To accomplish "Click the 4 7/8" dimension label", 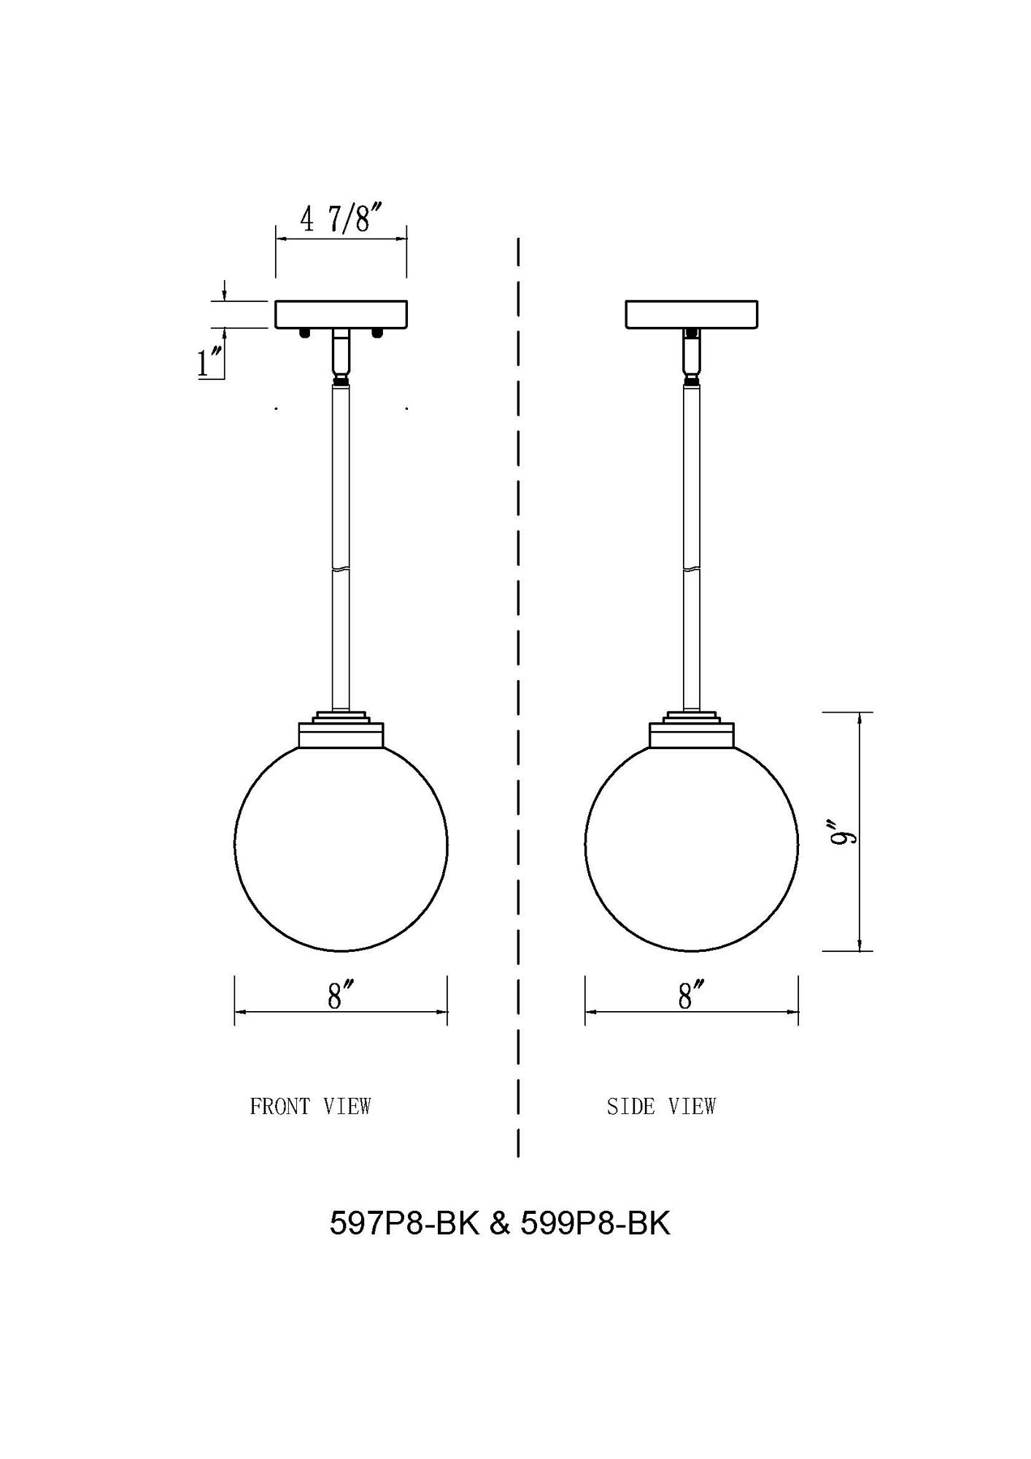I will (x=341, y=218).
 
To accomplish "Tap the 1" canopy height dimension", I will (x=210, y=363).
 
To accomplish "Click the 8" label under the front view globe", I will (x=340, y=996).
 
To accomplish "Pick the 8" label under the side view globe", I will (x=690, y=996).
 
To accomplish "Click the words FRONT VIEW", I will (x=310, y=1107).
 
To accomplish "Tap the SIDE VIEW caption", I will (x=661, y=1107).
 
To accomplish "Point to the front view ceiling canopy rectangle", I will (x=341, y=314).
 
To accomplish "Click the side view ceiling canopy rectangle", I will (x=691, y=314).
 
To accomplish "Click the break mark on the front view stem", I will (x=341, y=568).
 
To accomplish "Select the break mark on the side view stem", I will (x=691, y=568).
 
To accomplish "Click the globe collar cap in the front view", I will (x=341, y=734).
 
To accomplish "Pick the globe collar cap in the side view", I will (x=691, y=734).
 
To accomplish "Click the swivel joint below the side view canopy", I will (x=691, y=355).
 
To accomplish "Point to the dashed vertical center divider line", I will (x=517, y=693).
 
